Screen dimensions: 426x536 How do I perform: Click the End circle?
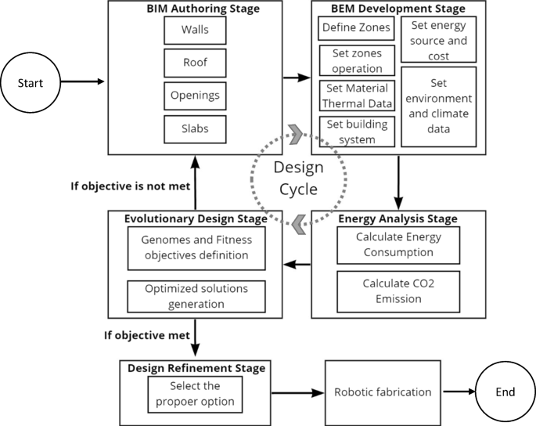[x=505, y=392]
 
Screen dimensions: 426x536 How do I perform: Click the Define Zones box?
[x=357, y=29]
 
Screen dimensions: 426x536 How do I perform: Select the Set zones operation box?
[x=357, y=60]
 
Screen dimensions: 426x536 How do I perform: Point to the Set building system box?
[x=357, y=132]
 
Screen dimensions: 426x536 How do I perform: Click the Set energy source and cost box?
[x=437, y=39]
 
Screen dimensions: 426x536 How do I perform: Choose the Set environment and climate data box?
[x=437, y=106]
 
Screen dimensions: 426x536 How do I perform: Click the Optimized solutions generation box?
[x=196, y=296]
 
